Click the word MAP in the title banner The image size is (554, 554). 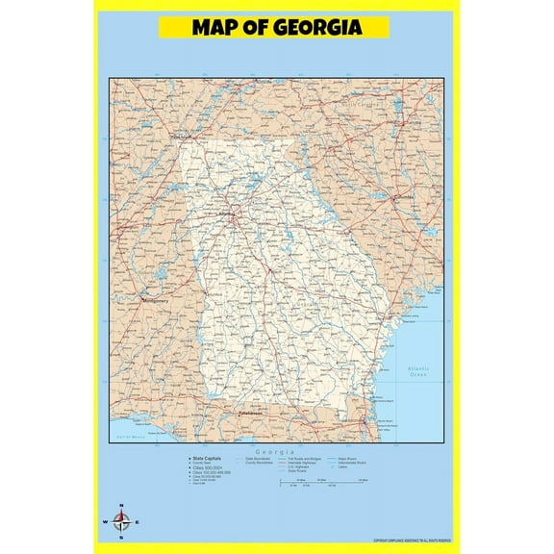(217, 28)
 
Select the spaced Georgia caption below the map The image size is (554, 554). (276, 451)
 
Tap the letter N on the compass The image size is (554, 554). (121, 506)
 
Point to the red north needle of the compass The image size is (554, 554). (121, 516)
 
